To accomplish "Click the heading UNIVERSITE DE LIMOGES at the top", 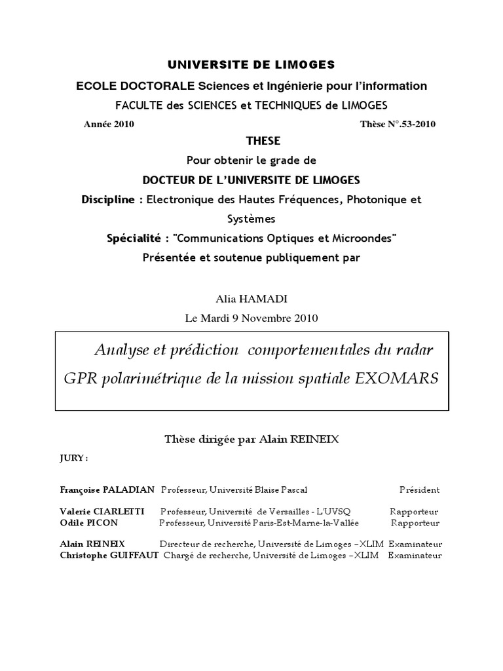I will [251, 64].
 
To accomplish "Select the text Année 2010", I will [109, 124].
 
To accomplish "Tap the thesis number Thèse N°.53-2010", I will [398, 124].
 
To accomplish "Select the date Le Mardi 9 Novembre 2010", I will [251, 318].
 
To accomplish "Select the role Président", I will [420, 489].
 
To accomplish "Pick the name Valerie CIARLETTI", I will [98, 512].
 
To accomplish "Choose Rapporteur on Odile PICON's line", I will [415, 523].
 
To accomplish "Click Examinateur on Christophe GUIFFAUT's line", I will [415, 556].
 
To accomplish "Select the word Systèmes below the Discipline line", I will [251, 219].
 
